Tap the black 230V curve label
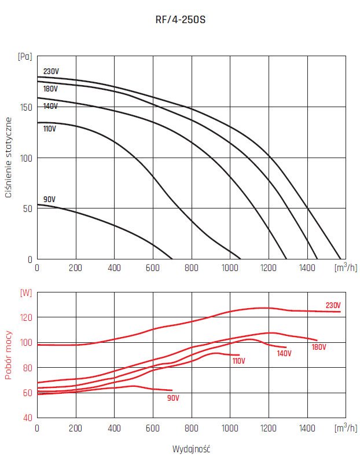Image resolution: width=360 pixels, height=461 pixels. pos(51,72)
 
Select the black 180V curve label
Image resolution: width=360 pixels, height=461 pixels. pos(51,89)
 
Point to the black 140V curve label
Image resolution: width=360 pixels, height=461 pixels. pos(50,107)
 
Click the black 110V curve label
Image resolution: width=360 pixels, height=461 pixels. pos(50,129)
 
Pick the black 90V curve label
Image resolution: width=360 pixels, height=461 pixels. pos(49,199)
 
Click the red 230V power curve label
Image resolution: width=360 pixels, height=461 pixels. pos(333,305)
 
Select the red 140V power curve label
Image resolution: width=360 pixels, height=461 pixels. pos(284,353)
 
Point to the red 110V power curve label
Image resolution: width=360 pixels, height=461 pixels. pos(239,361)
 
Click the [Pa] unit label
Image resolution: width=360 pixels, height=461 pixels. pos(25,57)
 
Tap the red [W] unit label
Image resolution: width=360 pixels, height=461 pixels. pos(25,292)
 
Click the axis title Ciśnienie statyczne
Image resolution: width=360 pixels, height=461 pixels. pos(9,158)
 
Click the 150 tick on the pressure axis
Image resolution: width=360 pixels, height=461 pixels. pos(25,107)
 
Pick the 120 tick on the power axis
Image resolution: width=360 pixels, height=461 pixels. pos(25,317)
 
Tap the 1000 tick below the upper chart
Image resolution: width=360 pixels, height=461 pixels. pos(230,268)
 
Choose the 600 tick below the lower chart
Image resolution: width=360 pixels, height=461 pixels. pos(153,427)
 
